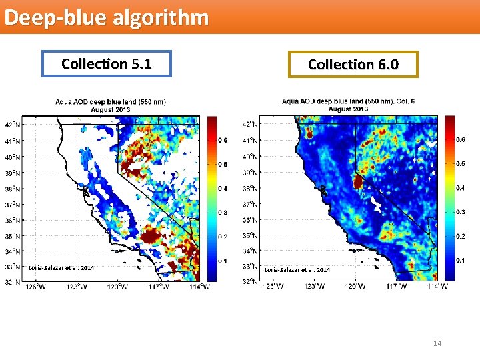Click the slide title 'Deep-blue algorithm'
tap(106, 17)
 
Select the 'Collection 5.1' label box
tap(107, 64)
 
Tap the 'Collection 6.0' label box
tap(353, 65)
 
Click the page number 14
tap(437, 343)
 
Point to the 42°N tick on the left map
tap(13, 125)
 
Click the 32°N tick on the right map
tap(250, 281)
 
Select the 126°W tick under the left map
tap(36, 287)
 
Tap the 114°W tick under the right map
tap(437, 287)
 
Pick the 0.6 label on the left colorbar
tap(223, 140)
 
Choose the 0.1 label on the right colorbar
tap(461, 259)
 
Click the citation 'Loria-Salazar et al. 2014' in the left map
tap(61, 268)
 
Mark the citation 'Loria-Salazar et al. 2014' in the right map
tap(297, 270)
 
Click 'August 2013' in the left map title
tap(110, 109)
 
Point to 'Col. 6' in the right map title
tap(403, 101)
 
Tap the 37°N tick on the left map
tap(13, 205)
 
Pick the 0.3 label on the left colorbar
tap(223, 213)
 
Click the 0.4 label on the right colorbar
tap(461, 187)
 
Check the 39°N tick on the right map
tap(250, 172)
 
